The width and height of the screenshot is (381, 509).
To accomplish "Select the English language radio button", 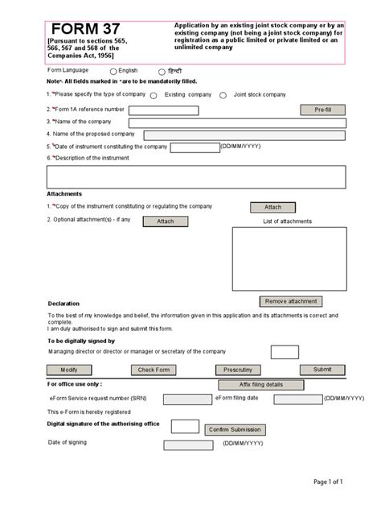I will (x=113, y=72).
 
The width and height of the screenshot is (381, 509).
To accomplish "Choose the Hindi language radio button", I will (x=162, y=72).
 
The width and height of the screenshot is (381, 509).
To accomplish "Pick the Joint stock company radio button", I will (x=226, y=95).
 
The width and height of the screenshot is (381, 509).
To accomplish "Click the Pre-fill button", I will (x=322, y=110).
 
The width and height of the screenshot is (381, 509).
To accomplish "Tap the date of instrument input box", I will (x=195, y=147).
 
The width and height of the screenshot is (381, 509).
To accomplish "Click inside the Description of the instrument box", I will (x=196, y=176).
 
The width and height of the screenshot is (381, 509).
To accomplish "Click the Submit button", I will (x=322, y=370).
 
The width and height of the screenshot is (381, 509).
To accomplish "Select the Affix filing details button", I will (x=261, y=385).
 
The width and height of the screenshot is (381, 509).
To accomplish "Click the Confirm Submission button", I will (x=235, y=429).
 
